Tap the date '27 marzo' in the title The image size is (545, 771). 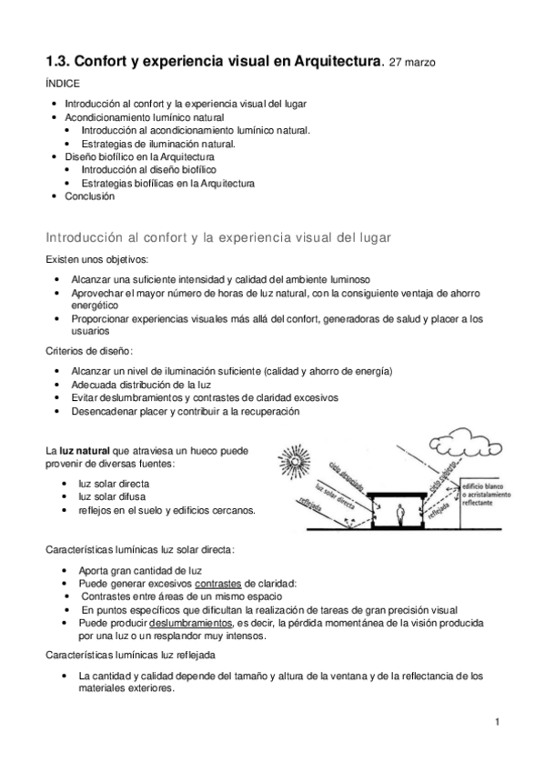pos(411,63)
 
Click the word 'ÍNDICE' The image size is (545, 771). pos(62,84)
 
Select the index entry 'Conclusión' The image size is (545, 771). pos(89,195)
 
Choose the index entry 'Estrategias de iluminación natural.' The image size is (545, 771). pos(157,144)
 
